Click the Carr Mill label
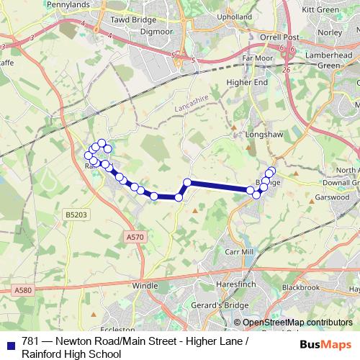click(x=239, y=252)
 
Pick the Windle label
click(x=145, y=287)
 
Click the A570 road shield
click(x=135, y=236)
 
